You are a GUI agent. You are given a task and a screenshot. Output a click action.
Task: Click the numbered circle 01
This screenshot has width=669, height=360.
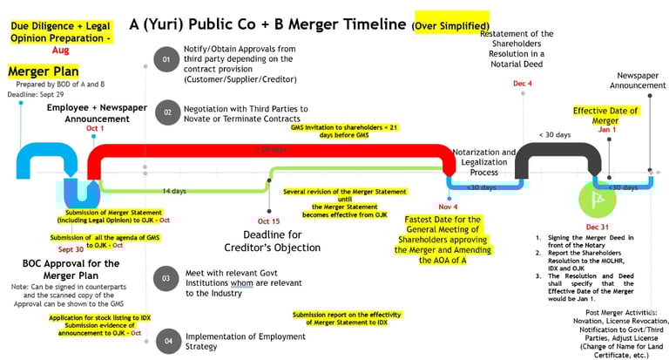point(166,60)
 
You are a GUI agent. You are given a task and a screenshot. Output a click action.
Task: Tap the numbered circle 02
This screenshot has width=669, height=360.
point(166,112)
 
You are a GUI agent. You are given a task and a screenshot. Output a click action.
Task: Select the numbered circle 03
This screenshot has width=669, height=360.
point(166,278)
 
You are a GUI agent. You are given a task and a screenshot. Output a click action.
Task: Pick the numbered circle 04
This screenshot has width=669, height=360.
point(166,339)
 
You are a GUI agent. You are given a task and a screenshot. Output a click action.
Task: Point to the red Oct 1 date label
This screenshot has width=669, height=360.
point(94,129)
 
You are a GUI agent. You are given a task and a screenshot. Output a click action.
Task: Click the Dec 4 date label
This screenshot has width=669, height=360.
point(523,85)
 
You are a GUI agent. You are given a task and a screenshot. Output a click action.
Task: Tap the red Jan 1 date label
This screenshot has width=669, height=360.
point(608,129)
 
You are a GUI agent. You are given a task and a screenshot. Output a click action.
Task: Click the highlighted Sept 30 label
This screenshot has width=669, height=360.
point(71,249)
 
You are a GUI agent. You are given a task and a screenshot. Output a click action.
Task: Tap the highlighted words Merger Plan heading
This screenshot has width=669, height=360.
point(44,70)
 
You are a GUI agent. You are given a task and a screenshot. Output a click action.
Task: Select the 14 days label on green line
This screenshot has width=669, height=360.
point(173,190)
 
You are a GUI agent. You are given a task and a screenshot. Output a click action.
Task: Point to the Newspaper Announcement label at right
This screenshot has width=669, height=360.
point(643,80)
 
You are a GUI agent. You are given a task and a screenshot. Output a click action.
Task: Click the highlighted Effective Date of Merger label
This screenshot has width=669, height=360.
point(605,115)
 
